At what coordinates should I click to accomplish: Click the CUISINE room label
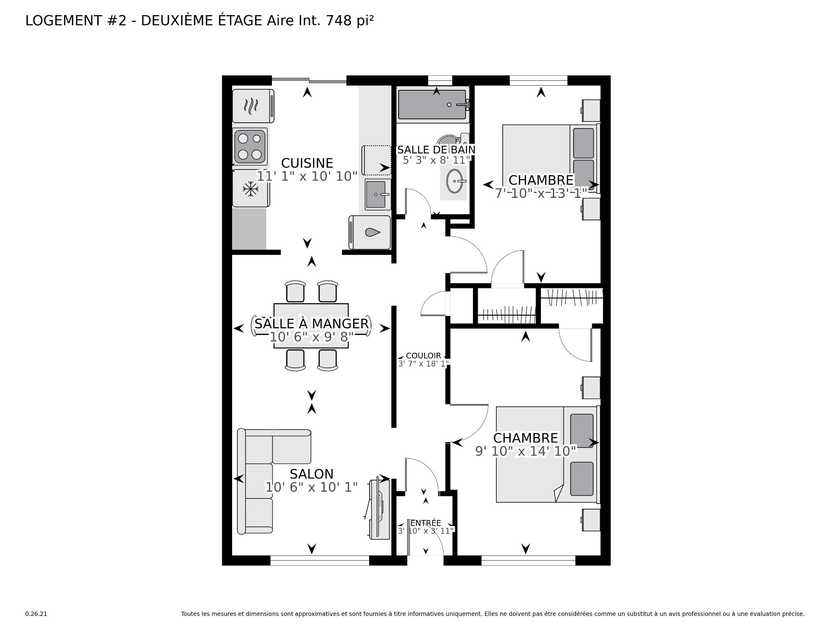pyautogui.click(x=307, y=163)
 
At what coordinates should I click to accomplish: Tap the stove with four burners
pyautogui.click(x=250, y=146)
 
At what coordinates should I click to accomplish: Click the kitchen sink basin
pyautogui.click(x=377, y=195)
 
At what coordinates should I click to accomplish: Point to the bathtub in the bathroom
pyautogui.click(x=433, y=104)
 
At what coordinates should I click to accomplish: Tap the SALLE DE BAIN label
pyautogui.click(x=436, y=150)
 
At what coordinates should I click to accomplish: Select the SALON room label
pyautogui.click(x=311, y=474)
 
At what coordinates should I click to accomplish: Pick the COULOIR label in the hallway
pyautogui.click(x=424, y=356)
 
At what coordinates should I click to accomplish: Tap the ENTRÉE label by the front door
pyautogui.click(x=426, y=523)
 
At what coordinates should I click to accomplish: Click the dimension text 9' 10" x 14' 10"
pyautogui.click(x=526, y=451)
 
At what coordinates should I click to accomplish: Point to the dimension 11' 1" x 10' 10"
pyautogui.click(x=307, y=176)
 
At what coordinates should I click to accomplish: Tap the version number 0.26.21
pyautogui.click(x=36, y=614)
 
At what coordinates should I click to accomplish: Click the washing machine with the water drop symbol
pyautogui.click(x=370, y=233)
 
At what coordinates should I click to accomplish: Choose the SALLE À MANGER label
pyautogui.click(x=311, y=324)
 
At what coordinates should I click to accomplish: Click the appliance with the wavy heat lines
pyautogui.click(x=253, y=105)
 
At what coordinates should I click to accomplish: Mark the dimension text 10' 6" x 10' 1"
pyautogui.click(x=311, y=488)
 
